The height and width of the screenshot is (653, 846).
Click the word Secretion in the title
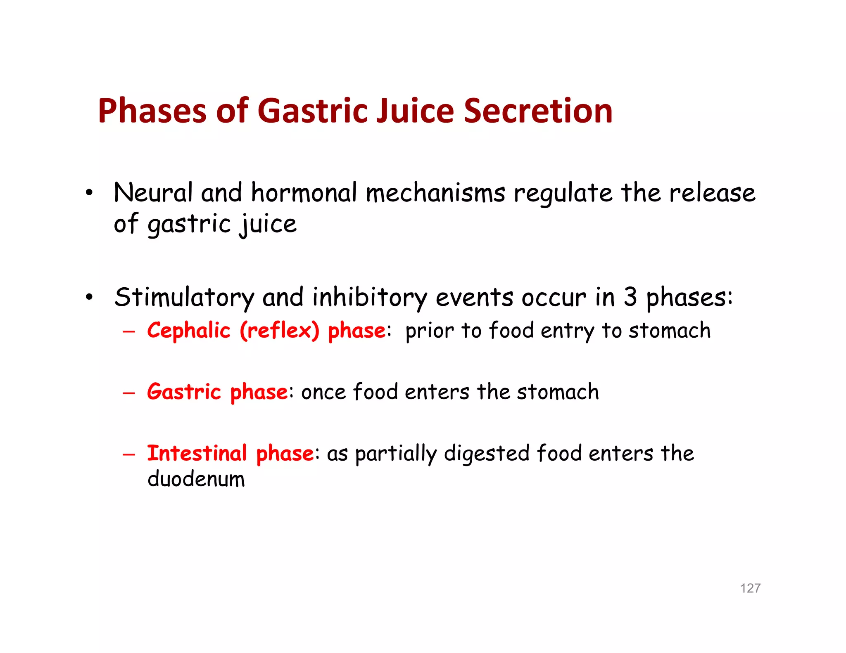(538, 111)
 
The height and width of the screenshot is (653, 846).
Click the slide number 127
(750, 588)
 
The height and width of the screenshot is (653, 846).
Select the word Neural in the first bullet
(153, 193)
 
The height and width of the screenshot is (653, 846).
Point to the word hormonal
(304, 193)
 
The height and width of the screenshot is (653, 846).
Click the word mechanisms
(435, 194)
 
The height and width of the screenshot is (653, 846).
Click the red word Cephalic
(188, 331)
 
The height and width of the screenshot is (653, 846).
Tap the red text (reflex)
(280, 331)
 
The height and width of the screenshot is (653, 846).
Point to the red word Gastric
(184, 392)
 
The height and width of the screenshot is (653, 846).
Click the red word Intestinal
(197, 453)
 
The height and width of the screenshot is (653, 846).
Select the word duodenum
(196, 479)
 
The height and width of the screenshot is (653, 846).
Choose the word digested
(487, 454)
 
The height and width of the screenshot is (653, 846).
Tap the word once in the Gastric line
(323, 392)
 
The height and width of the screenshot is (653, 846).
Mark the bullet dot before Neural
(89, 193)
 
